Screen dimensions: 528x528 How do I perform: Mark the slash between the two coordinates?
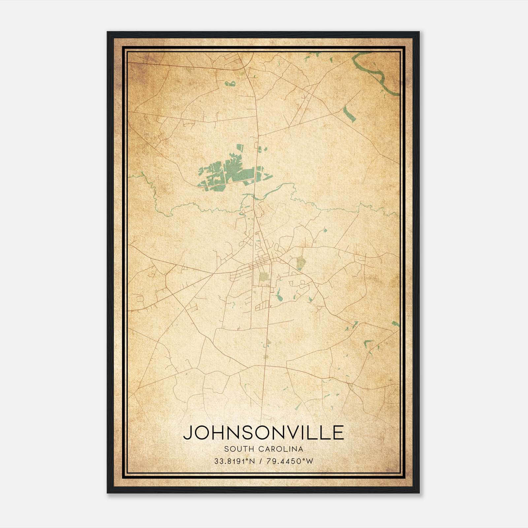[x=261, y=461]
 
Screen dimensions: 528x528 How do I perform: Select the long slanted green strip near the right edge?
[x=349, y=114]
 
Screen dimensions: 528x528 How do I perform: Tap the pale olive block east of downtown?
[x=301, y=264]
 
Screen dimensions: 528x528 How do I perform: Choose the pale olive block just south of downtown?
[x=264, y=278]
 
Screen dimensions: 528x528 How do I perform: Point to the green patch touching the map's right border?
[x=396, y=324]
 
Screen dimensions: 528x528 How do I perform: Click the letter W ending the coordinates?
[x=309, y=461]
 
